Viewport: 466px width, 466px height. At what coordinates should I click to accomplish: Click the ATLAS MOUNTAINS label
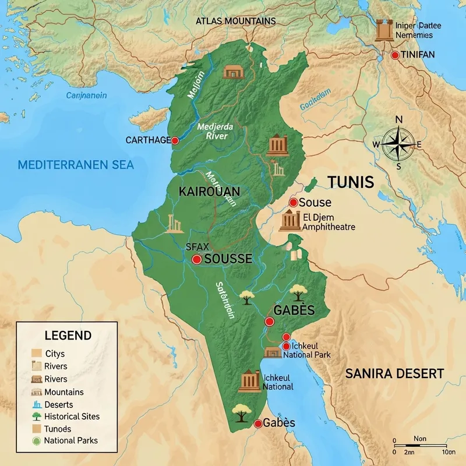click(x=235, y=21)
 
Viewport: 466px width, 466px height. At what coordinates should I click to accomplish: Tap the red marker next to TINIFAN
click(x=395, y=55)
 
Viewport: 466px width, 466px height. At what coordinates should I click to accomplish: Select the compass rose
click(x=398, y=143)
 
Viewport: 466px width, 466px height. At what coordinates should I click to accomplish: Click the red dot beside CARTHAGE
click(x=175, y=140)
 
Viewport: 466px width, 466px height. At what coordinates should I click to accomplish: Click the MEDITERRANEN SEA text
click(x=76, y=165)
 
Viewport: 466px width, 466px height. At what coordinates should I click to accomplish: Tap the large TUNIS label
click(x=350, y=182)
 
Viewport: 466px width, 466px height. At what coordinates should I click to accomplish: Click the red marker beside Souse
click(x=294, y=203)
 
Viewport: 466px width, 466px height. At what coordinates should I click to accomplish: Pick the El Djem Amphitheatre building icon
click(x=289, y=221)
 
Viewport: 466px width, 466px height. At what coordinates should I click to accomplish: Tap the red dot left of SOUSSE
click(x=197, y=259)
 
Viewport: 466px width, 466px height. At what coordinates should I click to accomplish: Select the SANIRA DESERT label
click(x=394, y=373)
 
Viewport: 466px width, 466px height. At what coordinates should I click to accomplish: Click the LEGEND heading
click(x=68, y=336)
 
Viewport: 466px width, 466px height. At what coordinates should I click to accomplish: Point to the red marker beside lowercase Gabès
click(x=257, y=424)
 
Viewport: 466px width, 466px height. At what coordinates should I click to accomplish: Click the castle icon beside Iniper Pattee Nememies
click(x=384, y=30)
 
